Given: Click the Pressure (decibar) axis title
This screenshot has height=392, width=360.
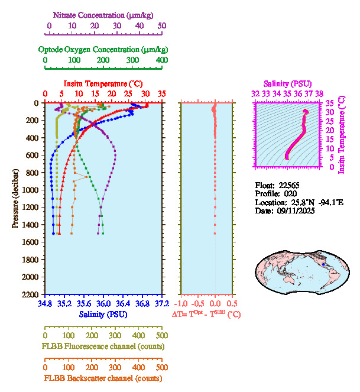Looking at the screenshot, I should click(x=15, y=199).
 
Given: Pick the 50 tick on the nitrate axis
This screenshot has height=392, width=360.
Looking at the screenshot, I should click(x=162, y=25).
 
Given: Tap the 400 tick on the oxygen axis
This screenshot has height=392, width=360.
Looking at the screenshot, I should click(x=161, y=60).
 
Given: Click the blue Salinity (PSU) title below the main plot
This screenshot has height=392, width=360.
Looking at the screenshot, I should click(x=103, y=315).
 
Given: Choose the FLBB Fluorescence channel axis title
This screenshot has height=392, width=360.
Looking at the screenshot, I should click(x=103, y=346).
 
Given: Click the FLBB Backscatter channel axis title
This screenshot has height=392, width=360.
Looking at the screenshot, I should click(x=103, y=378).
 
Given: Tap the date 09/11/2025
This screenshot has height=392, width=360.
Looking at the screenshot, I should click(x=293, y=210).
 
